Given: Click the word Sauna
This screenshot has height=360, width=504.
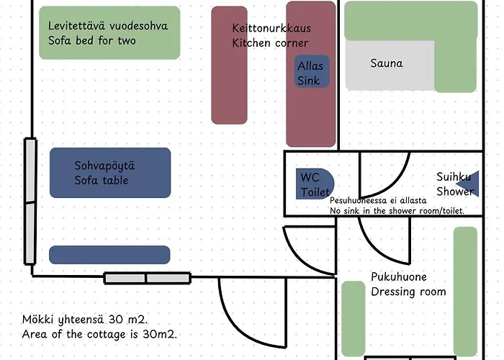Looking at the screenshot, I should [387, 63].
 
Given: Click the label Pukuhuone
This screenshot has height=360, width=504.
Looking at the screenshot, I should [398, 277].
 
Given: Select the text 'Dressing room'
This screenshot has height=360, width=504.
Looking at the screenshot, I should [408, 292].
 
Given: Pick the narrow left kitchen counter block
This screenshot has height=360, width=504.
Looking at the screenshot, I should [229, 65].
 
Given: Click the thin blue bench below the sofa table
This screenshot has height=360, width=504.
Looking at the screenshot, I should [109, 254].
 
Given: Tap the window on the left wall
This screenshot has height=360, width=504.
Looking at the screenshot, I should [30, 202].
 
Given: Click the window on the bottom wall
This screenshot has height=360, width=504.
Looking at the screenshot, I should [147, 278].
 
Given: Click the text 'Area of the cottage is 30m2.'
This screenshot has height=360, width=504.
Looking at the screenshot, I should [99, 335].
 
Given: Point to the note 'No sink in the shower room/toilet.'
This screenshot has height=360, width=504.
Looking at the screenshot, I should [397, 210].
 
